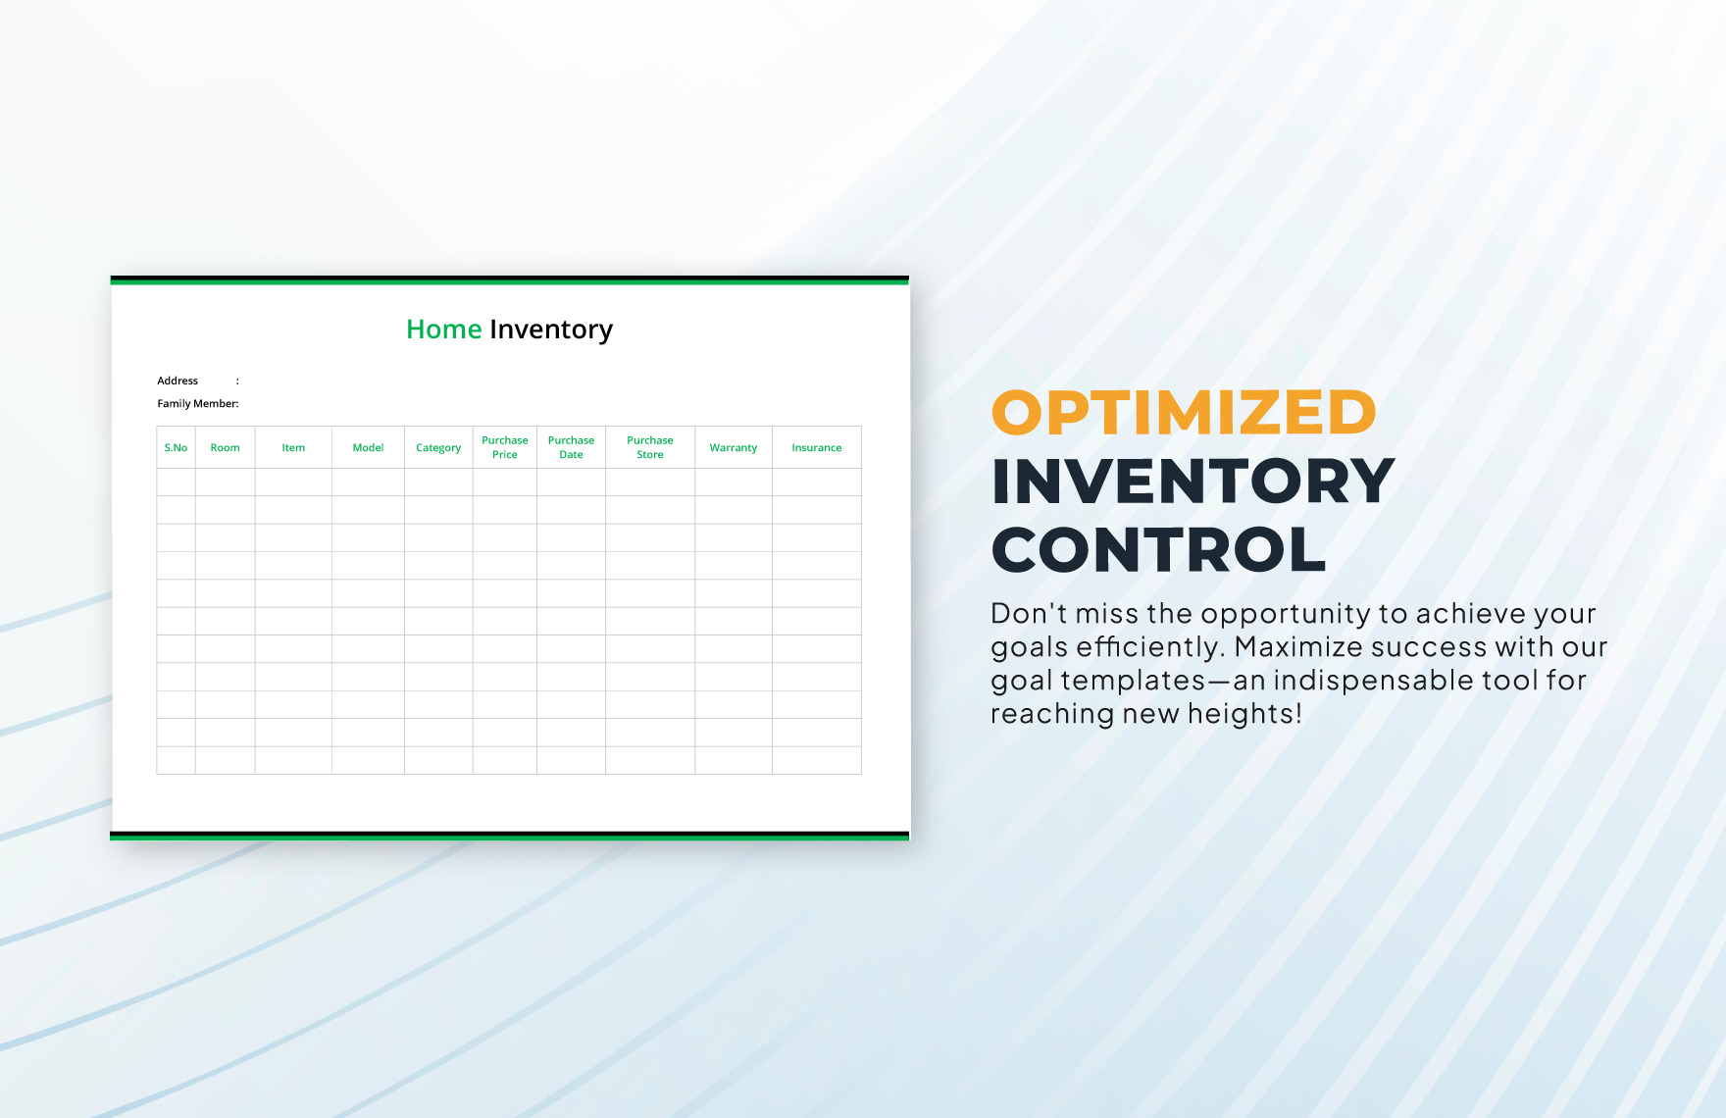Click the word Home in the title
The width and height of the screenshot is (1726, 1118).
[443, 330]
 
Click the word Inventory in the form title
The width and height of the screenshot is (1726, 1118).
[551, 330]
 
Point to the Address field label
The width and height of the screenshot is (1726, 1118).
[178, 381]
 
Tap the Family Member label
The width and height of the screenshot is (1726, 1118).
[197, 403]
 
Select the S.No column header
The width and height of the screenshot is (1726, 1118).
[176, 447]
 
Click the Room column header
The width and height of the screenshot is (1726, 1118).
[225, 447]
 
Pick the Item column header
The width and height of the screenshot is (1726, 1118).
[293, 447]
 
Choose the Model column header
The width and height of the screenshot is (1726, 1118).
[368, 447]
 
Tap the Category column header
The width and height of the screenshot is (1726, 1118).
[438, 447]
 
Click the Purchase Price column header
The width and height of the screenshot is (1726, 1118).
[504, 447]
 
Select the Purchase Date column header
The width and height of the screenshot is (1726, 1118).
[571, 447]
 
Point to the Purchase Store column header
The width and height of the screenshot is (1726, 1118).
[649, 447]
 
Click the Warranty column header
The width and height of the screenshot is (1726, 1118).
[733, 447]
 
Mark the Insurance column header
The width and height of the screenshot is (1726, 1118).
[816, 447]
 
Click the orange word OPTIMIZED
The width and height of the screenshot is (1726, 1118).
[1184, 412]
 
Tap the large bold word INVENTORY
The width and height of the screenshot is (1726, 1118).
[1193, 481]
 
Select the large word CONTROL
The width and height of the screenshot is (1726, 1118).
[1158, 549]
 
